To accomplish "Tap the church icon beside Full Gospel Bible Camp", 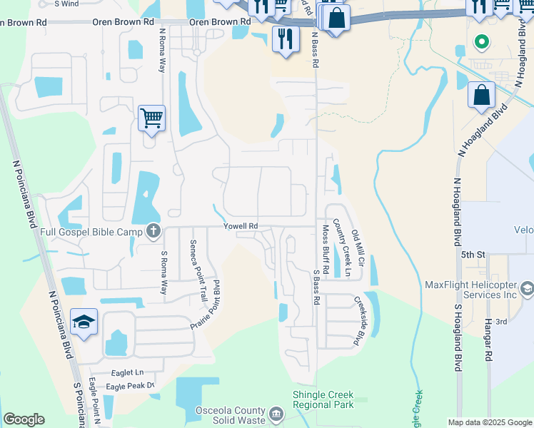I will tap(153, 231).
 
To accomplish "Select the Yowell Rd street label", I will tap(240, 226).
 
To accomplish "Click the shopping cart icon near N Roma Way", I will tap(152, 118).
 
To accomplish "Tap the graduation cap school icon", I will tap(84, 322).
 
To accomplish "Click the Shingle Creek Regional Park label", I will tap(323, 399).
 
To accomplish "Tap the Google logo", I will tap(24, 419).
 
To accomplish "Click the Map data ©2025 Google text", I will tap(489, 422).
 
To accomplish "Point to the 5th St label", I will tap(473, 254).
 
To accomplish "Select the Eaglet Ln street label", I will tap(128, 372).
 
